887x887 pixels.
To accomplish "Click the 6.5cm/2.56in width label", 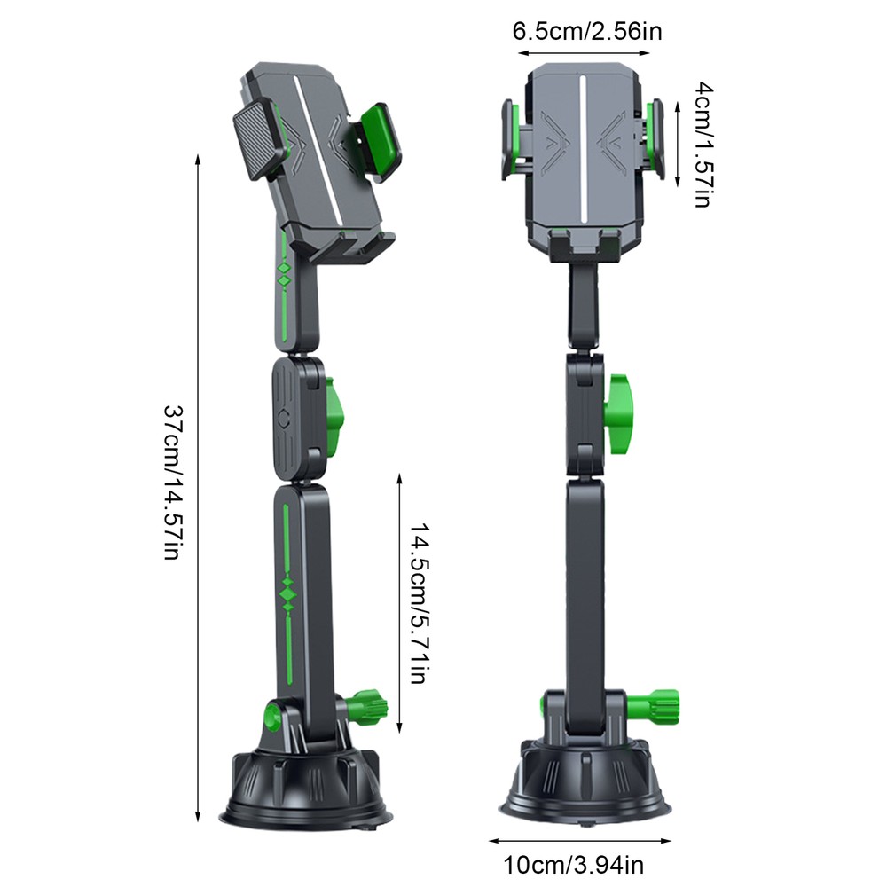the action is click(586, 32).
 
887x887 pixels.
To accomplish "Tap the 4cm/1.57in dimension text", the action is click(703, 145).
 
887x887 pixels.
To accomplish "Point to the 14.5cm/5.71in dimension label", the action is click(420, 602).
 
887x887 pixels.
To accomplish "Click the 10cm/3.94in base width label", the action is click(574, 865).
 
